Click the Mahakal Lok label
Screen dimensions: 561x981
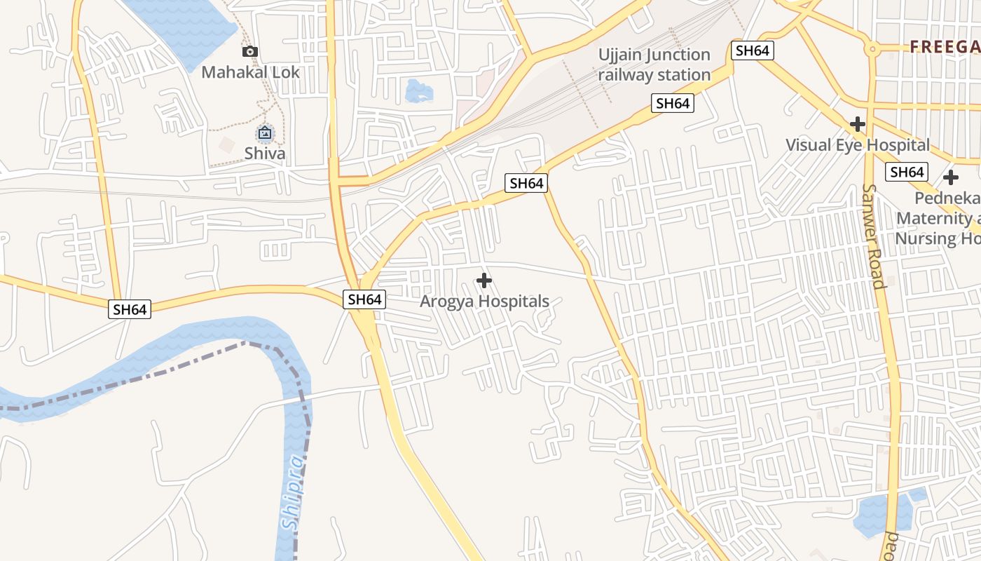pos(250,72)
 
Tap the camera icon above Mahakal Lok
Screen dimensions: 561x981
pos(250,51)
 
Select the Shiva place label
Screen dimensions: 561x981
pos(265,153)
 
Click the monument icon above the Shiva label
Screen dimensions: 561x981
pos(265,132)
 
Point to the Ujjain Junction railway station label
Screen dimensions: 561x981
pos(654,65)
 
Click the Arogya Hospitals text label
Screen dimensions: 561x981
pos(484,302)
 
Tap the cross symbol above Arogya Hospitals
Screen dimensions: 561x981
pos(483,280)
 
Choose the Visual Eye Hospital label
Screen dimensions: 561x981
pos(857,145)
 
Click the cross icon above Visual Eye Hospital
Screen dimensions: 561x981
pos(857,124)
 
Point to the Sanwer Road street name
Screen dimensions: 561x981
pos(874,236)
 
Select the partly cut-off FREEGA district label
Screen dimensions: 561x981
pos(945,47)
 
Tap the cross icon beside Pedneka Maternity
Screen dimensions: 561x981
pos(950,177)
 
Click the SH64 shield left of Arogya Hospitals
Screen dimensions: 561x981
pos(364,299)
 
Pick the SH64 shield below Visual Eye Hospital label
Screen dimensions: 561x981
pos(907,172)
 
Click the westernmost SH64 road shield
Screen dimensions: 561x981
pos(130,309)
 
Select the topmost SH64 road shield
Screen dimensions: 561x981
pos(752,50)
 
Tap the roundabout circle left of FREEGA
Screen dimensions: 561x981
pos(872,49)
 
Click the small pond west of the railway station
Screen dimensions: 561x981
pos(418,90)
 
